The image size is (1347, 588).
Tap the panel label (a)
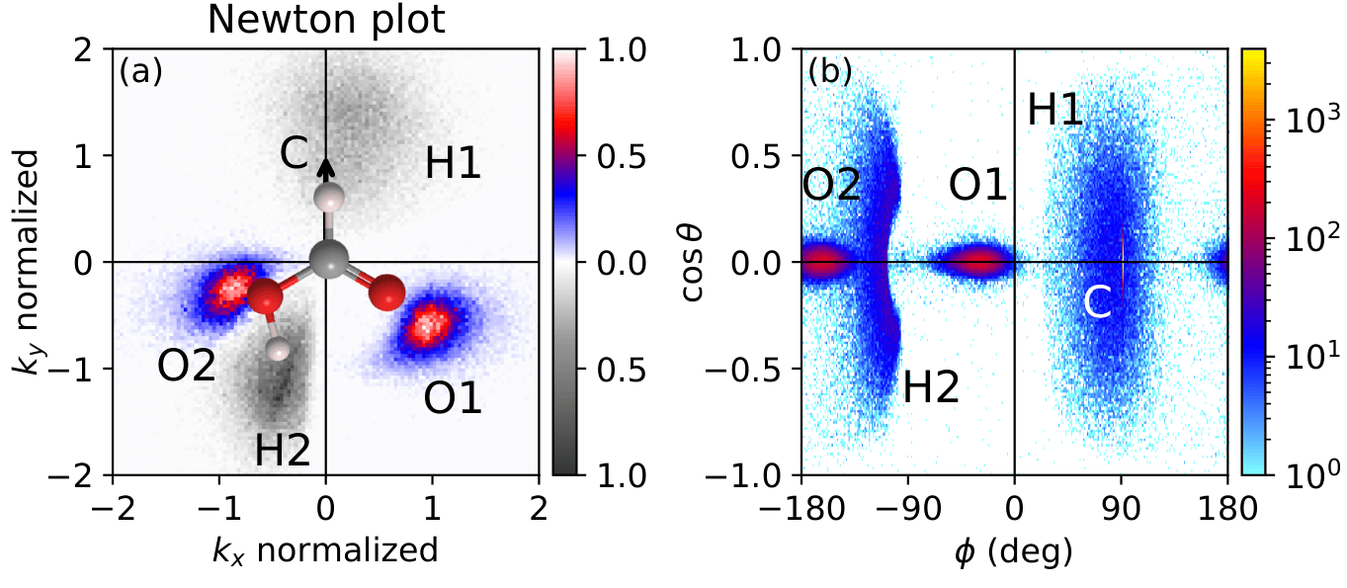pyautogui.click(x=140, y=72)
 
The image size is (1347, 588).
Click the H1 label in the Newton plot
pyautogui.click(x=453, y=164)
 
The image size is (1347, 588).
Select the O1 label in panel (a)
pyautogui.click(x=453, y=398)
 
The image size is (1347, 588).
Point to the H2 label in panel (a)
pyautogui.click(x=284, y=451)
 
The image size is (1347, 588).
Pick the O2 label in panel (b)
pyautogui.click(x=832, y=186)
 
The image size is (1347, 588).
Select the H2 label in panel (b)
pyautogui.click(x=931, y=388)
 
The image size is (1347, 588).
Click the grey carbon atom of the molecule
pyautogui.click(x=326, y=261)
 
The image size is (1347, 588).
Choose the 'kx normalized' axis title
pyautogui.click(x=326, y=549)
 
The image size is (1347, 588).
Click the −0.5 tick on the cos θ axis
pyautogui.click(x=764, y=369)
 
